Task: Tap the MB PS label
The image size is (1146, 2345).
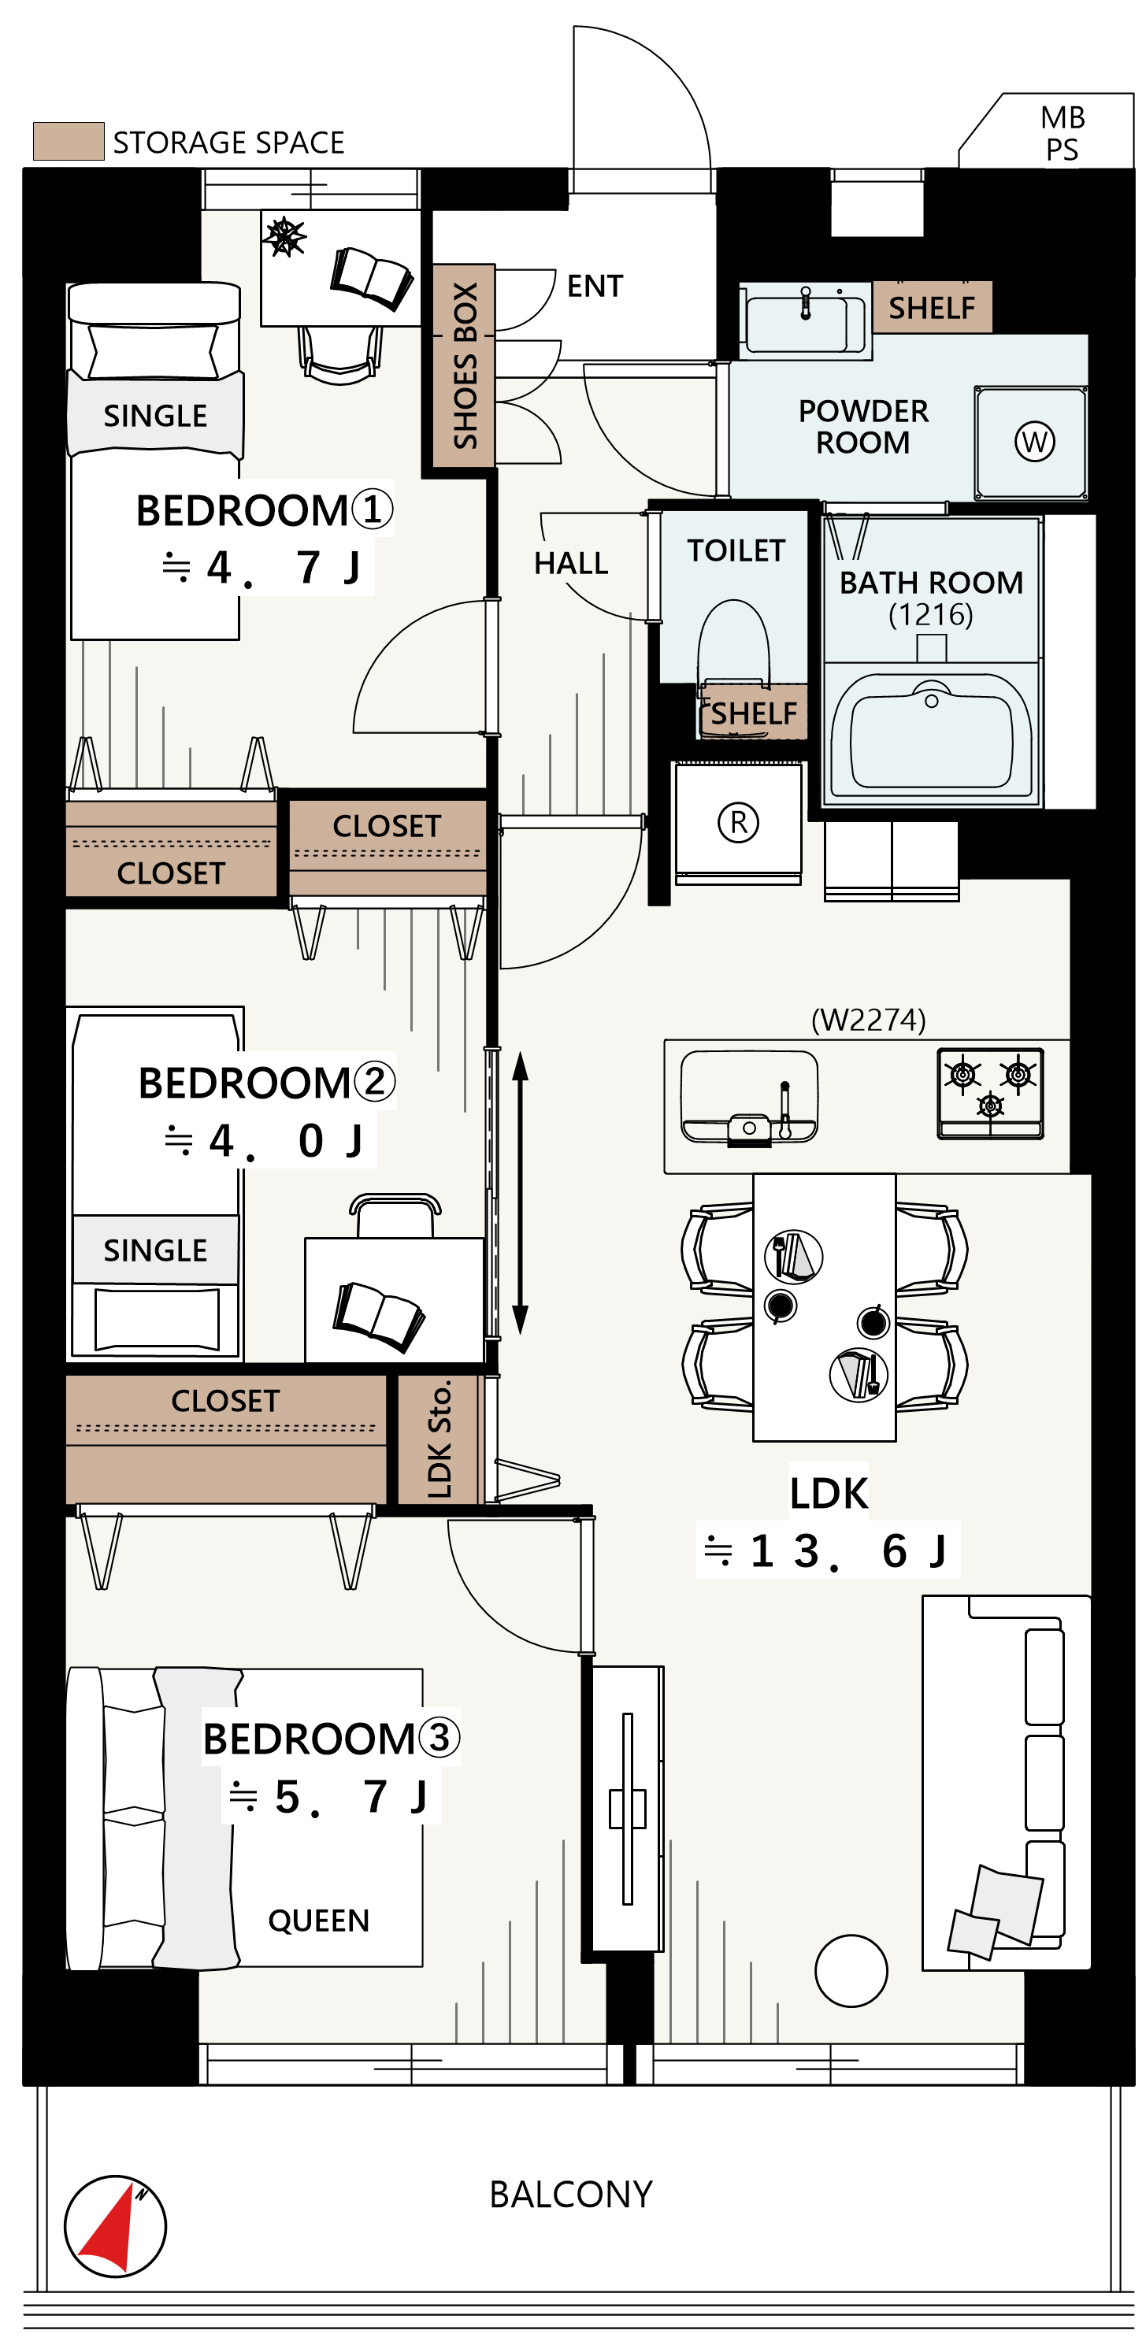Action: tap(1063, 133)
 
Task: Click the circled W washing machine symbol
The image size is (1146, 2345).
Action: tap(1035, 442)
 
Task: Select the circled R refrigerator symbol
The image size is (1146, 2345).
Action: tap(738, 822)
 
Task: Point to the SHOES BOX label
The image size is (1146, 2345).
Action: tap(465, 365)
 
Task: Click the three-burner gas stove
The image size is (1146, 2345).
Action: tap(990, 1092)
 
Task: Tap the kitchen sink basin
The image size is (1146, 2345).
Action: tap(749, 1096)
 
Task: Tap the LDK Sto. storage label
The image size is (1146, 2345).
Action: tap(439, 1439)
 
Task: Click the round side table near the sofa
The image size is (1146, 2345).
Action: tap(851, 1971)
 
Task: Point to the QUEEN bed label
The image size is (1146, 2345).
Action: tap(318, 1921)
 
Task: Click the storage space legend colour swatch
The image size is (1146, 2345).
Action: tap(69, 141)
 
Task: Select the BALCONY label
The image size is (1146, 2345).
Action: tap(571, 2195)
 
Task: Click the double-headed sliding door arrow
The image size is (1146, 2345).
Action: tap(520, 1192)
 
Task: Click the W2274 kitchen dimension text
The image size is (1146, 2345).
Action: tap(869, 1020)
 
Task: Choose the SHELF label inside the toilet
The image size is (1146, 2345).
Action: tap(754, 713)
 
